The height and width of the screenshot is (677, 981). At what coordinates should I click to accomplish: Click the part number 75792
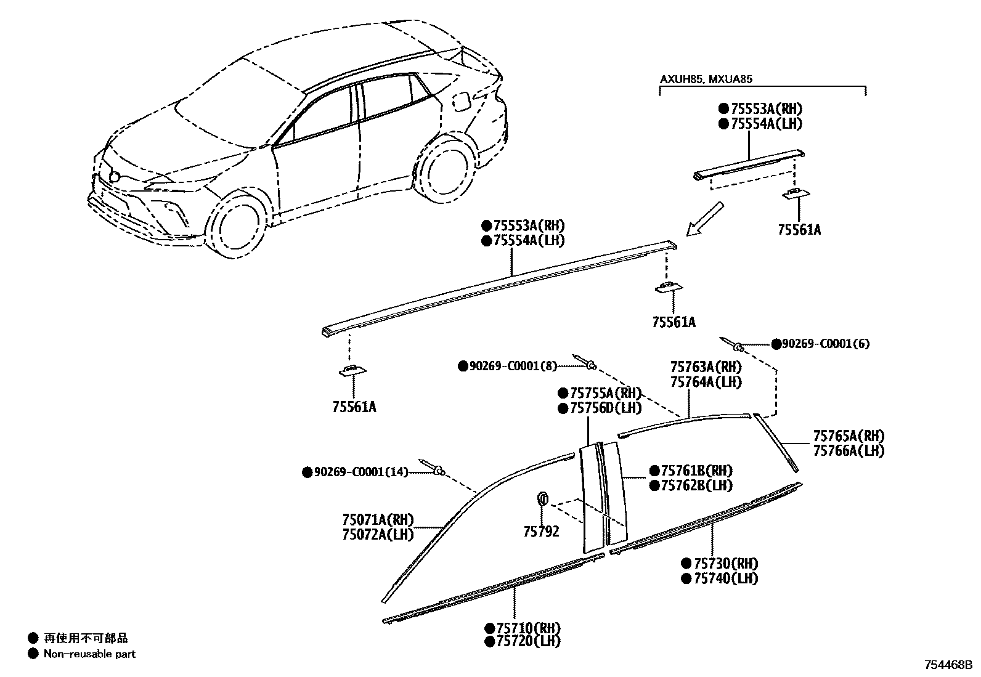(541, 531)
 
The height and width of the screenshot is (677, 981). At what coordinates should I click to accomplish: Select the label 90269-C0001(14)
(360, 472)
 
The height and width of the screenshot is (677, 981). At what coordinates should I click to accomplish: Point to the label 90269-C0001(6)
(826, 344)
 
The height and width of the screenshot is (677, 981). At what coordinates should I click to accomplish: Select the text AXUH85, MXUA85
(706, 79)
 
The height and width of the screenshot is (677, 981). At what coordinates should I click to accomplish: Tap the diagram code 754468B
(948, 665)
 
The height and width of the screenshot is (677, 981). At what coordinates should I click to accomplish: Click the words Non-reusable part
(89, 654)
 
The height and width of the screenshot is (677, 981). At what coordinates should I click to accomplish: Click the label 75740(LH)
(725, 578)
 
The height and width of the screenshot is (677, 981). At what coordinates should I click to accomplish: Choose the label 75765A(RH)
(848, 436)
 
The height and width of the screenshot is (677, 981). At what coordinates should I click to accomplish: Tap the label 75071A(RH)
(378, 519)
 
